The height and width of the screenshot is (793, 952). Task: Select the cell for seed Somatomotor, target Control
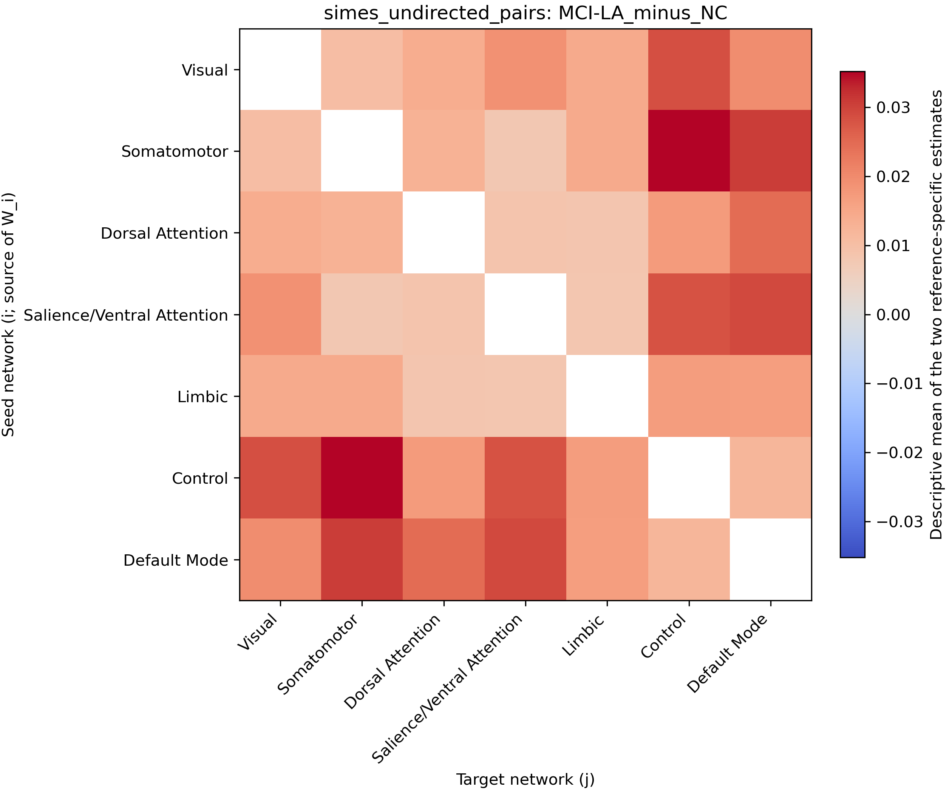[689, 151]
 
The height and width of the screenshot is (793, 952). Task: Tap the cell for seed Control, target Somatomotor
[362, 478]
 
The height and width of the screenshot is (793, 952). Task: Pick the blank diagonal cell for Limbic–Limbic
[607, 396]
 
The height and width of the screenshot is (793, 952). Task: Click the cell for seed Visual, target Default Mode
[771, 69]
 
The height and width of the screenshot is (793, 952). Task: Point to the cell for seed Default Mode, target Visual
[280, 559]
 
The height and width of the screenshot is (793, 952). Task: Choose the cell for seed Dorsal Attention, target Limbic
[607, 233]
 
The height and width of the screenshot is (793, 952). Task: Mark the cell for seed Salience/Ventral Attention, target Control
[689, 315]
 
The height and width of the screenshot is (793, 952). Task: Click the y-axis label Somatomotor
[175, 151]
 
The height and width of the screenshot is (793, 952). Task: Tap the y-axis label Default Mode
[176, 560]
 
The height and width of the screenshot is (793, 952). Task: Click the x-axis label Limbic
[583, 635]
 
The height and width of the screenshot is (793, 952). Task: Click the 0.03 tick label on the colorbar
[893, 108]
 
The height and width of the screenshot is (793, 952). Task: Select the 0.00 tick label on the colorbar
[893, 315]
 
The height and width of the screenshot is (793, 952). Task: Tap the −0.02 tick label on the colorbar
[900, 453]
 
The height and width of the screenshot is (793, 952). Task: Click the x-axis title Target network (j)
[525, 779]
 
